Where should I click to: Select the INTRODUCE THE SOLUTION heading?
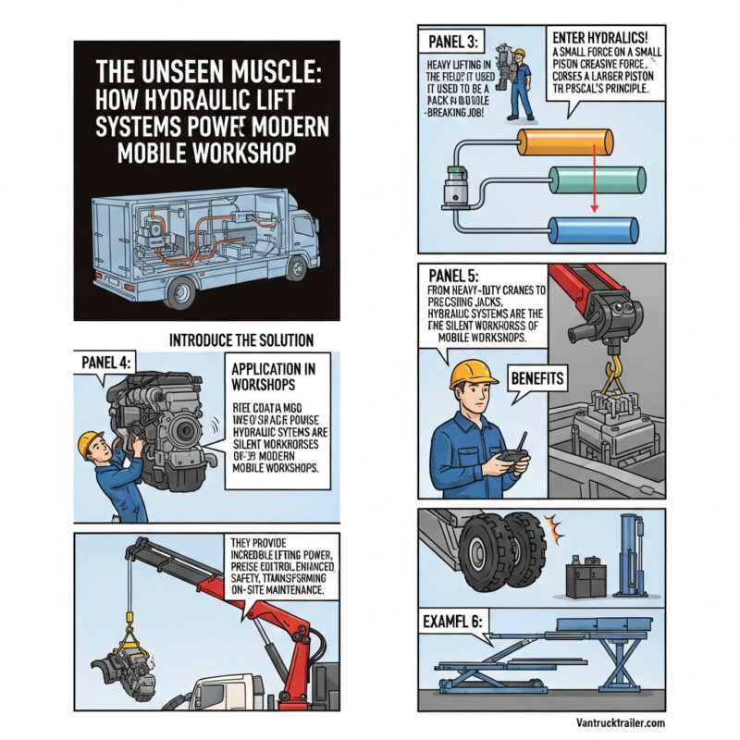(241, 340)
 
